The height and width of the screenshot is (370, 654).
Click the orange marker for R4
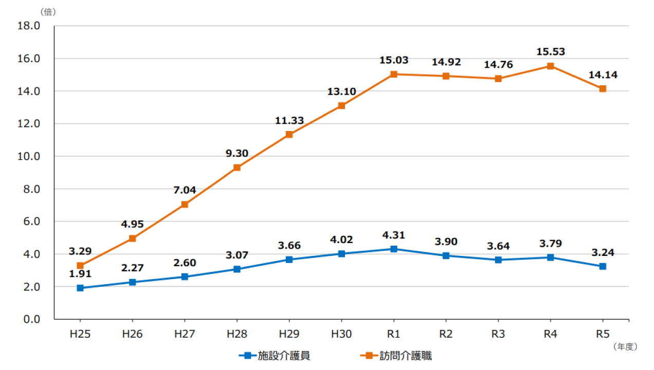click(x=550, y=66)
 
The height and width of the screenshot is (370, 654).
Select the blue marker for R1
click(x=394, y=249)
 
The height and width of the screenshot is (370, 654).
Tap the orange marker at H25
click(x=80, y=266)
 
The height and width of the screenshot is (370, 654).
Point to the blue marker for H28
click(x=237, y=269)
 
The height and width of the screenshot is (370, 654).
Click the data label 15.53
click(x=550, y=52)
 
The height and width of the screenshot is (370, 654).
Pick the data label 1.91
click(x=80, y=274)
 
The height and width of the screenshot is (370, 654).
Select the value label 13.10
click(x=341, y=91)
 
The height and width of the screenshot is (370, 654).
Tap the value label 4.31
click(x=394, y=235)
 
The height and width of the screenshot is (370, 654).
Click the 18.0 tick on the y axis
click(x=29, y=26)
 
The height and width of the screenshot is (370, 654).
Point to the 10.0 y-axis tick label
click(x=29, y=156)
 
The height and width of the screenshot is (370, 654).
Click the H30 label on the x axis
click(x=341, y=334)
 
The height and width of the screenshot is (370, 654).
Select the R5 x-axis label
click(x=602, y=334)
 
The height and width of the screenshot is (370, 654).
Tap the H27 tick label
click(x=185, y=334)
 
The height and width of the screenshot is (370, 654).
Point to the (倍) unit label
click(x=48, y=11)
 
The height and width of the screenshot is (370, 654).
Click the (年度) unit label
click(x=625, y=347)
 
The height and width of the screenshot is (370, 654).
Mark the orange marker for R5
click(x=602, y=89)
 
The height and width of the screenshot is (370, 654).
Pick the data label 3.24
click(x=602, y=253)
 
